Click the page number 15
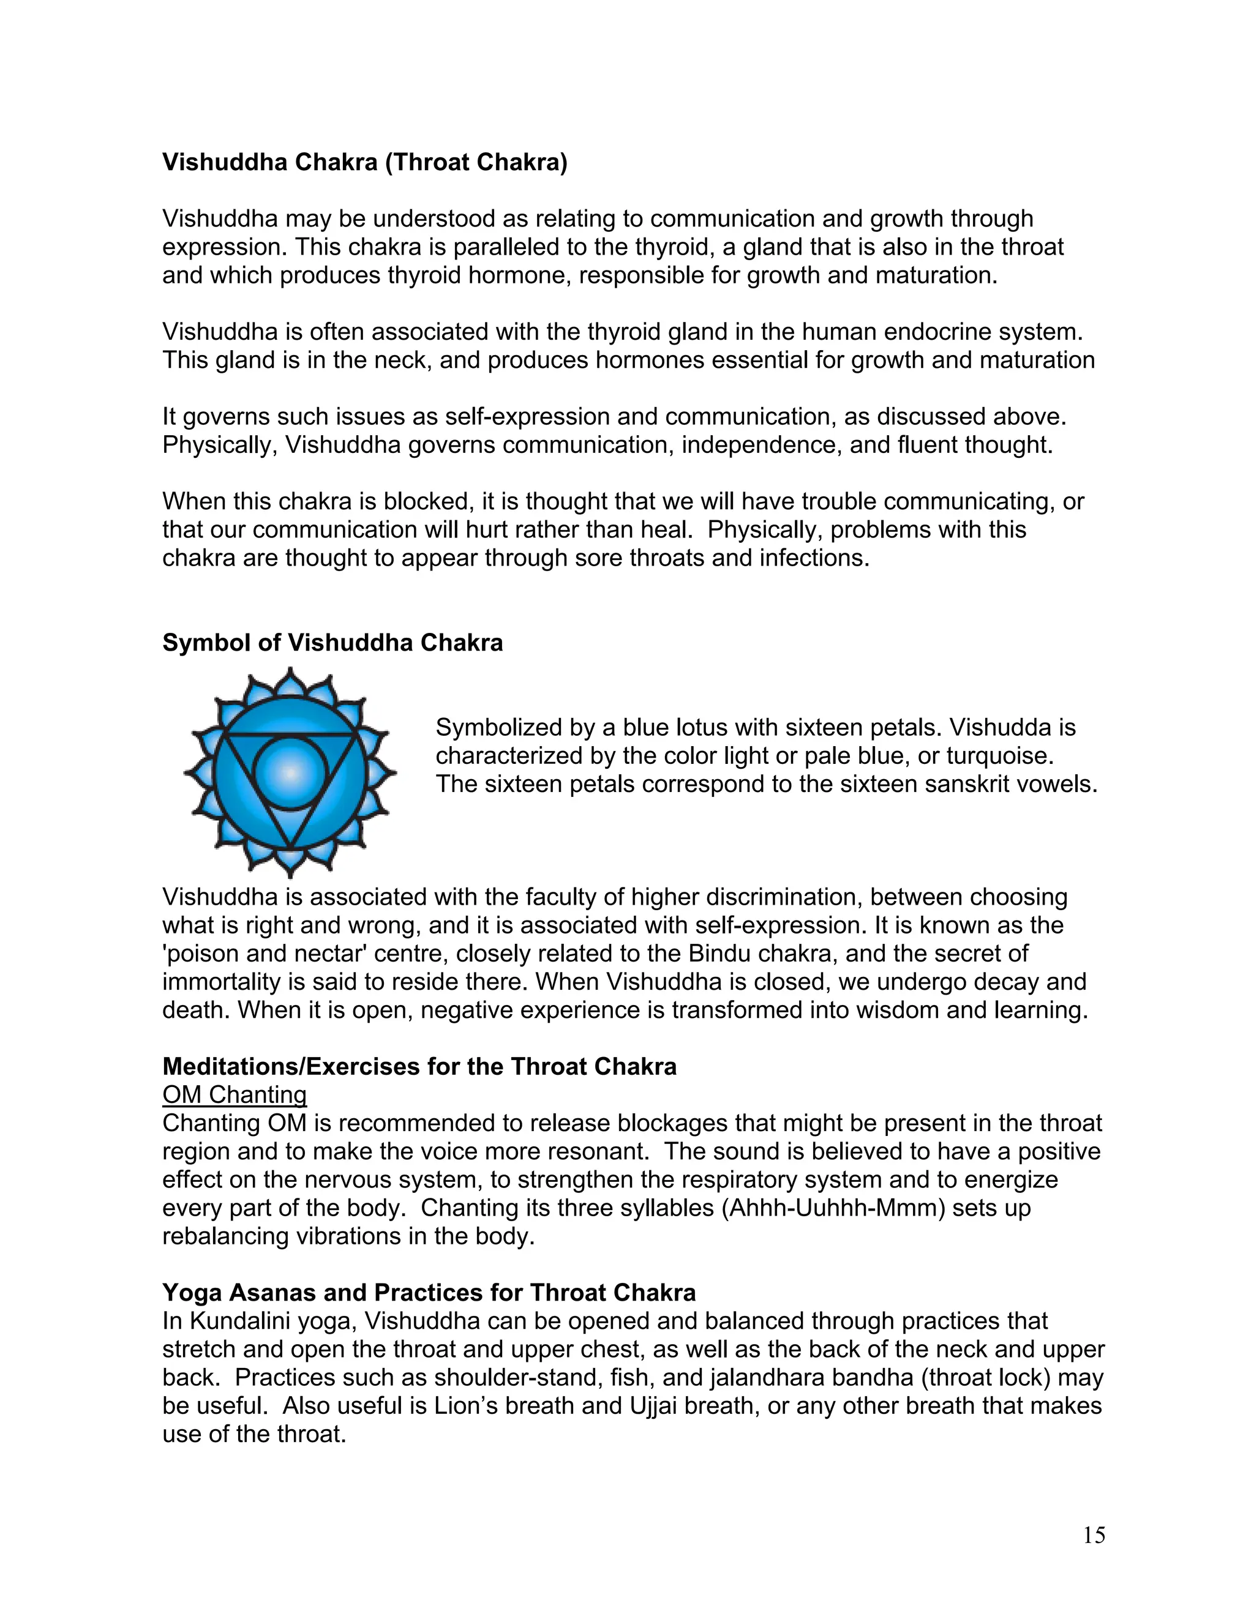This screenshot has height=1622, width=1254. [x=1094, y=1535]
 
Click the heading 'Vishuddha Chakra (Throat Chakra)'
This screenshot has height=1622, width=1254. [x=365, y=162]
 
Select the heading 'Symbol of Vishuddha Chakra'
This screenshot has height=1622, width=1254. [x=332, y=643]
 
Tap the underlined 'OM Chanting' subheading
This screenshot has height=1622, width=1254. [x=234, y=1095]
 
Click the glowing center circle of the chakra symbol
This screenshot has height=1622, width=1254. [x=290, y=773]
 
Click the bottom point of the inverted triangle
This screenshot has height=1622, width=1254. [x=290, y=846]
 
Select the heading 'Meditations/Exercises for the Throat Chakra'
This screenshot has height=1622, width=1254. [x=419, y=1066]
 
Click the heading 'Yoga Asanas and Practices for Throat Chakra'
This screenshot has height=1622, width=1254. [x=429, y=1293]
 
